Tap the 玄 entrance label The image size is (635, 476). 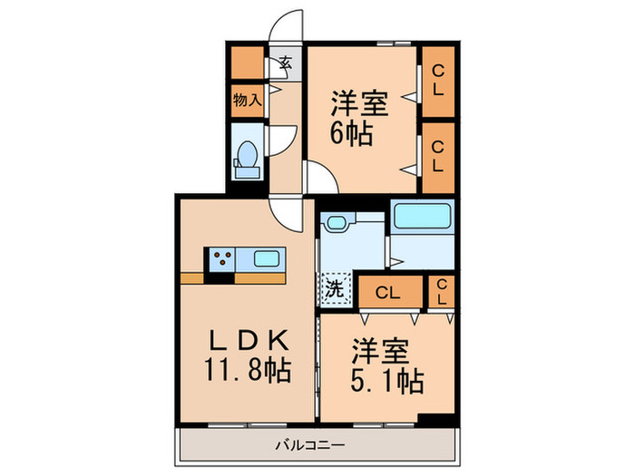point(285,63)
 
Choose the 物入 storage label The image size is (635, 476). point(247,100)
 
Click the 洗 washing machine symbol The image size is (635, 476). point(333,291)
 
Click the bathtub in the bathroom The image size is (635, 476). point(422,217)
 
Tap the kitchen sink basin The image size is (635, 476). point(266,258)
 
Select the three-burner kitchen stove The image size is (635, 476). point(222,259)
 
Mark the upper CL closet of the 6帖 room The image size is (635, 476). point(438,82)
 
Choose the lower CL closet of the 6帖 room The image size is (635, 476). point(438,157)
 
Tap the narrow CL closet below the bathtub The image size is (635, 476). point(442,292)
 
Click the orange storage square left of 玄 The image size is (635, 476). point(246,63)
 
